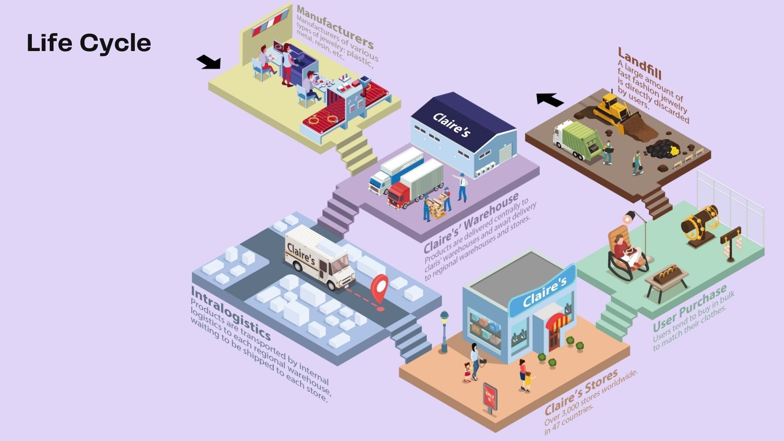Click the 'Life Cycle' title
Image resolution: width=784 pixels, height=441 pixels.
89,43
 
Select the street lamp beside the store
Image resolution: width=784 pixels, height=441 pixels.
444,331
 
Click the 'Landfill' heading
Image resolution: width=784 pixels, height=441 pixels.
639,64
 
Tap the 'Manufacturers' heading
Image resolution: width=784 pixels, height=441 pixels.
335,27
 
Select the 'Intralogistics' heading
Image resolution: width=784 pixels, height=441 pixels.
230,313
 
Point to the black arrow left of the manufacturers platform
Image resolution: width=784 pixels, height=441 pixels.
209,62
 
